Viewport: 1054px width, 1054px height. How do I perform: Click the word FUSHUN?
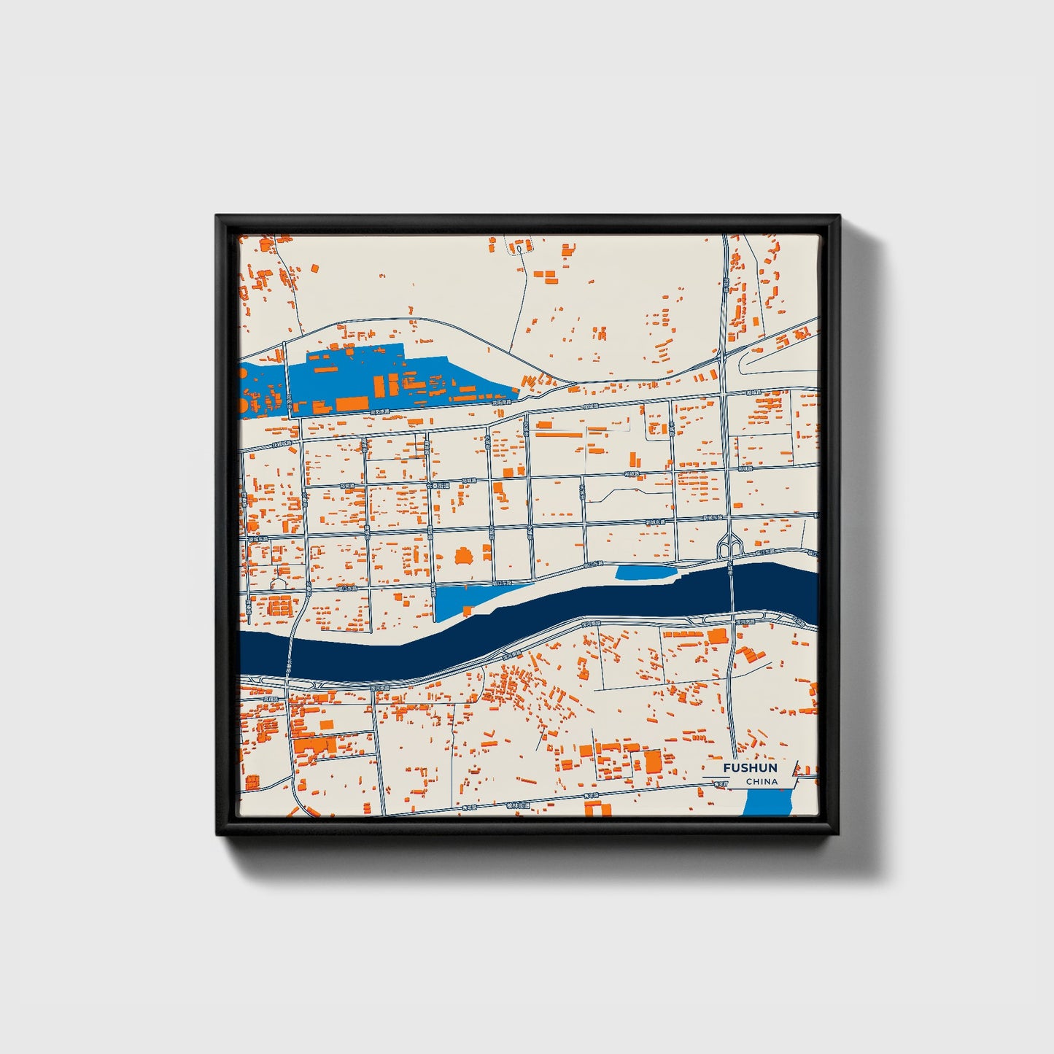tap(750, 768)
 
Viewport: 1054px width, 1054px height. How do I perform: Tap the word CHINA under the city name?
tap(762, 782)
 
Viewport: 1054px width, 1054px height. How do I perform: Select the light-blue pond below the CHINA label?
tap(767, 803)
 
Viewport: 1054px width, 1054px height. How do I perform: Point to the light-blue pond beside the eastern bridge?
tap(645, 573)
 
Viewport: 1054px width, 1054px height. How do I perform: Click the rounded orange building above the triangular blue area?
tap(462, 557)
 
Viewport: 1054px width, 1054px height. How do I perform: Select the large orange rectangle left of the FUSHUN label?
tap(652, 761)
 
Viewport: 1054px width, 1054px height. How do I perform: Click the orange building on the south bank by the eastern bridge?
tap(718, 635)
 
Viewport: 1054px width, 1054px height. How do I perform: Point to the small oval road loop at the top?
tap(519, 249)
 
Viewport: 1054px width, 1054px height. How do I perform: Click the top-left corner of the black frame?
tap(217, 217)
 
